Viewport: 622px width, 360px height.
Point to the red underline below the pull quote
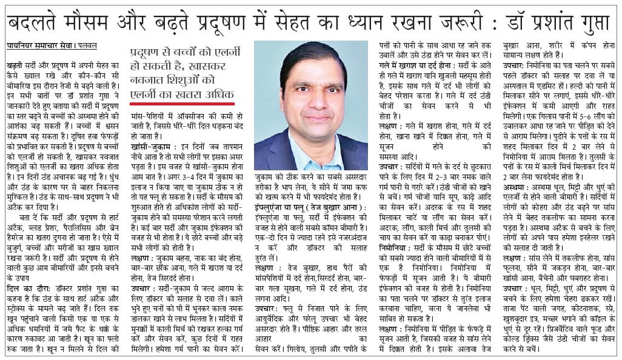181,102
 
